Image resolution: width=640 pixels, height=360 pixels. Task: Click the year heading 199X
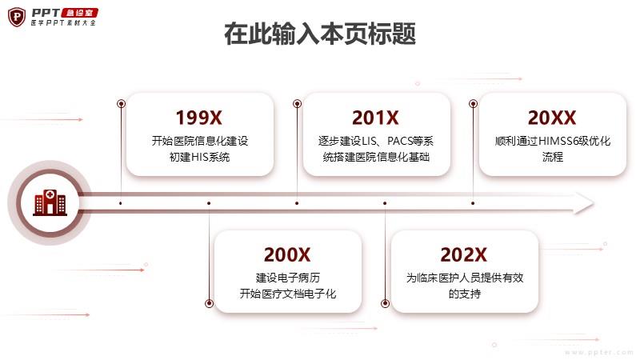click(198, 118)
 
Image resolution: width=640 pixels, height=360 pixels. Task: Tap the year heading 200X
click(287, 254)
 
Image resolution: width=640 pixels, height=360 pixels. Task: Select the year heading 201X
click(375, 118)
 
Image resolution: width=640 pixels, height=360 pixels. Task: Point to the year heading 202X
click(463, 254)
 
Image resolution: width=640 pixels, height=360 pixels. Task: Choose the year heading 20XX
click(552, 118)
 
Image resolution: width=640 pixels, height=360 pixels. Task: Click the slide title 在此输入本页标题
click(320, 34)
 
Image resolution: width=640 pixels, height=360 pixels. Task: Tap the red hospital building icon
click(50, 202)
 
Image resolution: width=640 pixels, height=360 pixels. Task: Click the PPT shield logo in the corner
click(17, 17)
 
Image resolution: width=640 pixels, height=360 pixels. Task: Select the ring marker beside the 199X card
click(121, 104)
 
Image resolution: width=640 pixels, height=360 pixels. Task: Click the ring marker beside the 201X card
click(297, 104)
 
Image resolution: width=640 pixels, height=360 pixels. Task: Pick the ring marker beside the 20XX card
click(473, 104)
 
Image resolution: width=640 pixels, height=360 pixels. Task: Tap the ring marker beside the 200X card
click(209, 303)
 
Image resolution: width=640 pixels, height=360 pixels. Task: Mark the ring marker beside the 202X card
click(385, 303)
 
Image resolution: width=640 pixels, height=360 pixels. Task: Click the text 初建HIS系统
click(199, 157)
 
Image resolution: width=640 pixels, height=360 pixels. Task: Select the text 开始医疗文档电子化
click(288, 294)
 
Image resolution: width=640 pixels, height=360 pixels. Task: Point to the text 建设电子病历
click(288, 278)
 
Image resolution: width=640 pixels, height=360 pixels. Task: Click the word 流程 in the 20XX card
click(553, 157)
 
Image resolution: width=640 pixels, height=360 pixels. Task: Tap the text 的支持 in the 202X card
click(465, 294)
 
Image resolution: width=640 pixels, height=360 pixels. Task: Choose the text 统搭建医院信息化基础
click(376, 157)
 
